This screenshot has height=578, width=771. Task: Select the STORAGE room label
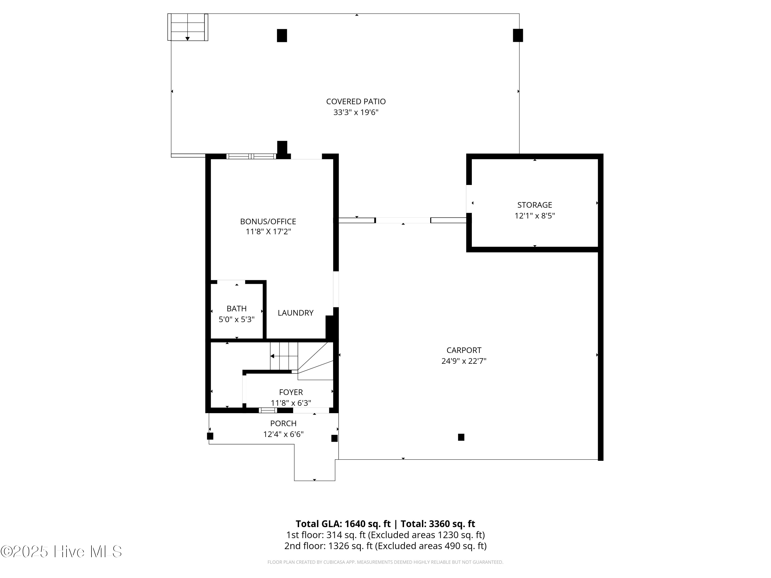click(534, 205)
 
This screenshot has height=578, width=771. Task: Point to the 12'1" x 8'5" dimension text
click(534, 216)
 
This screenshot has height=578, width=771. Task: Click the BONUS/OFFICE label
click(268, 221)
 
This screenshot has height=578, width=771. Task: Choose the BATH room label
click(236, 308)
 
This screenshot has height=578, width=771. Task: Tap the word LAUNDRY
click(295, 313)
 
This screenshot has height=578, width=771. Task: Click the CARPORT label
click(464, 350)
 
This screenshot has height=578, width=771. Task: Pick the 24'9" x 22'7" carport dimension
click(464, 361)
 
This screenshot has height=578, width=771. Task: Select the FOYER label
click(291, 392)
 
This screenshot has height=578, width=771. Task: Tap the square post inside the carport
click(461, 437)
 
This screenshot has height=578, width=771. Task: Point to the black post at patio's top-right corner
click(518, 35)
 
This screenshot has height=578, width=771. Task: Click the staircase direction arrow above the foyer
click(273, 356)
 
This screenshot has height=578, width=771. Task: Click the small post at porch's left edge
click(210, 436)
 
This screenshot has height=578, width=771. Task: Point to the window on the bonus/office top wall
click(251, 156)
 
